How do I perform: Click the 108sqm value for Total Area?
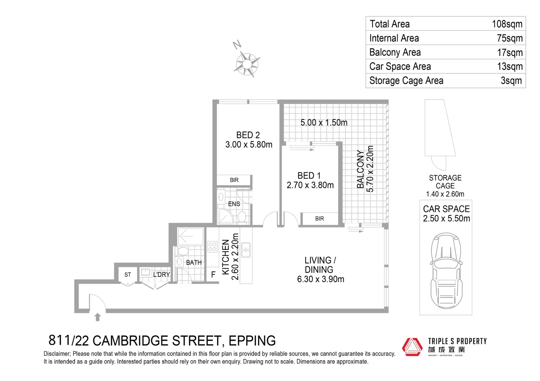507,24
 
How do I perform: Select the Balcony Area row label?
395,52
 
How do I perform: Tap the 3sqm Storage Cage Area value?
511,80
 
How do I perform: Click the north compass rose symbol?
247,64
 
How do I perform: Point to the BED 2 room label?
248,135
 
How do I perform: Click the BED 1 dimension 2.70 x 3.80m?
310,185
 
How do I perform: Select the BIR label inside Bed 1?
319,219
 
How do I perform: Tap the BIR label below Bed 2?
234,180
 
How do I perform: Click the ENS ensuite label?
234,204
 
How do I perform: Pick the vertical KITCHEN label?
225,257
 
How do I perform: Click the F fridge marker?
213,274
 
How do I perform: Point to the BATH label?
194,262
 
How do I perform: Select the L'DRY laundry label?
162,274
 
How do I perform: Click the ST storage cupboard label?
128,274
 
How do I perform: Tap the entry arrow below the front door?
98,317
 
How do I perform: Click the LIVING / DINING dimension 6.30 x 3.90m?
320,279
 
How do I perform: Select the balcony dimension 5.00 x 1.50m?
324,122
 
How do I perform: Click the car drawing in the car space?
446,270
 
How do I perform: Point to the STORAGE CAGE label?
445,182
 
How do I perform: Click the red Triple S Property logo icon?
412,347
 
